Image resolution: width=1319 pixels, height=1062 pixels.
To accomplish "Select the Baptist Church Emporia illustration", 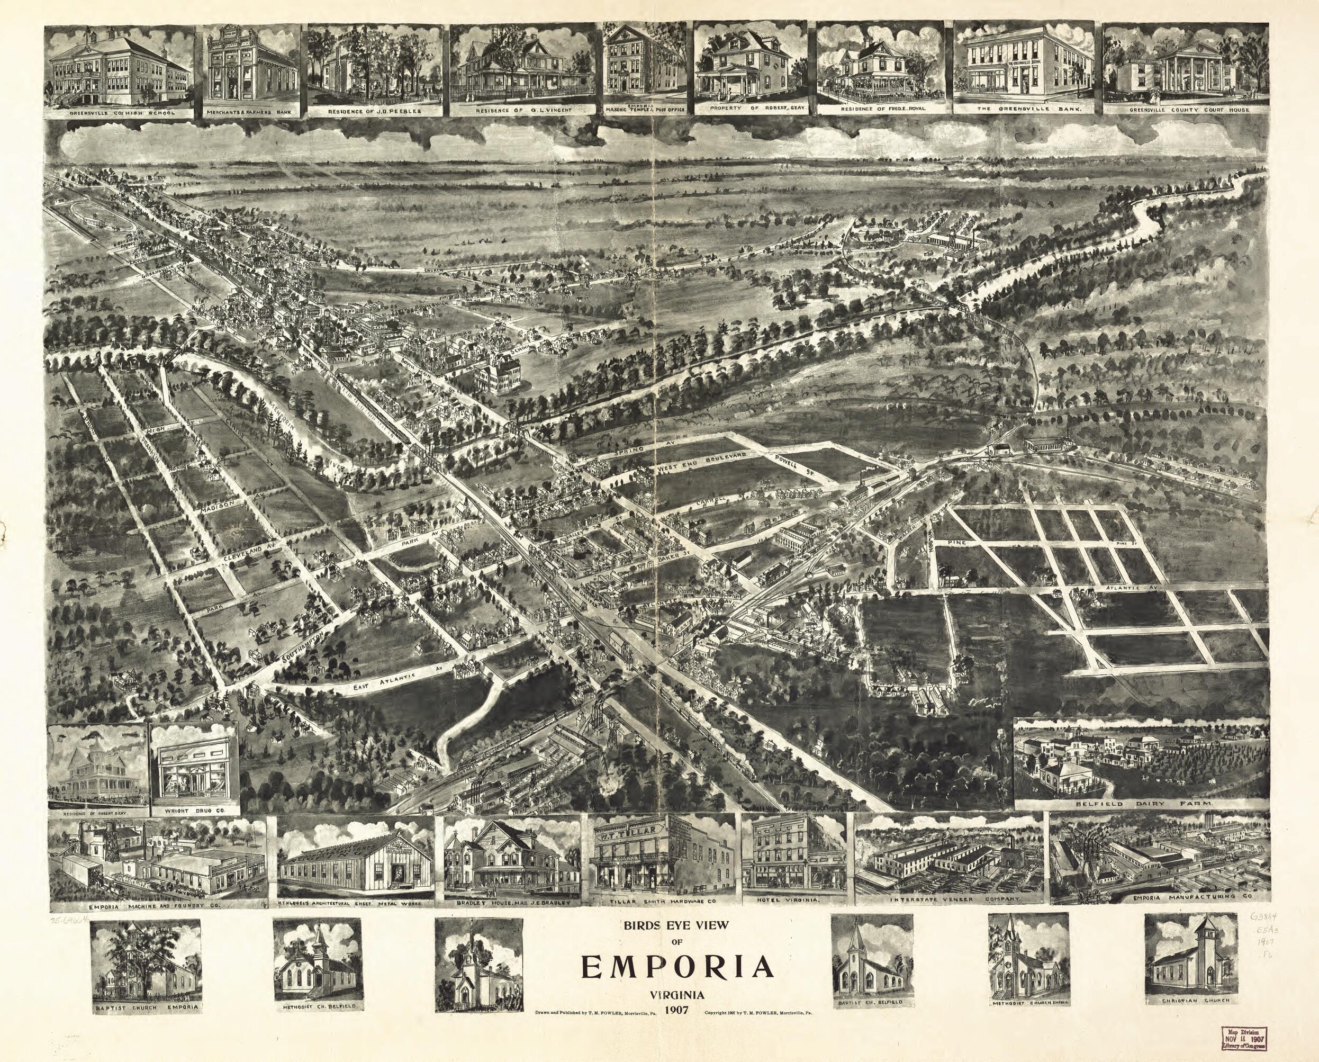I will pyautogui.click(x=146, y=961).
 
